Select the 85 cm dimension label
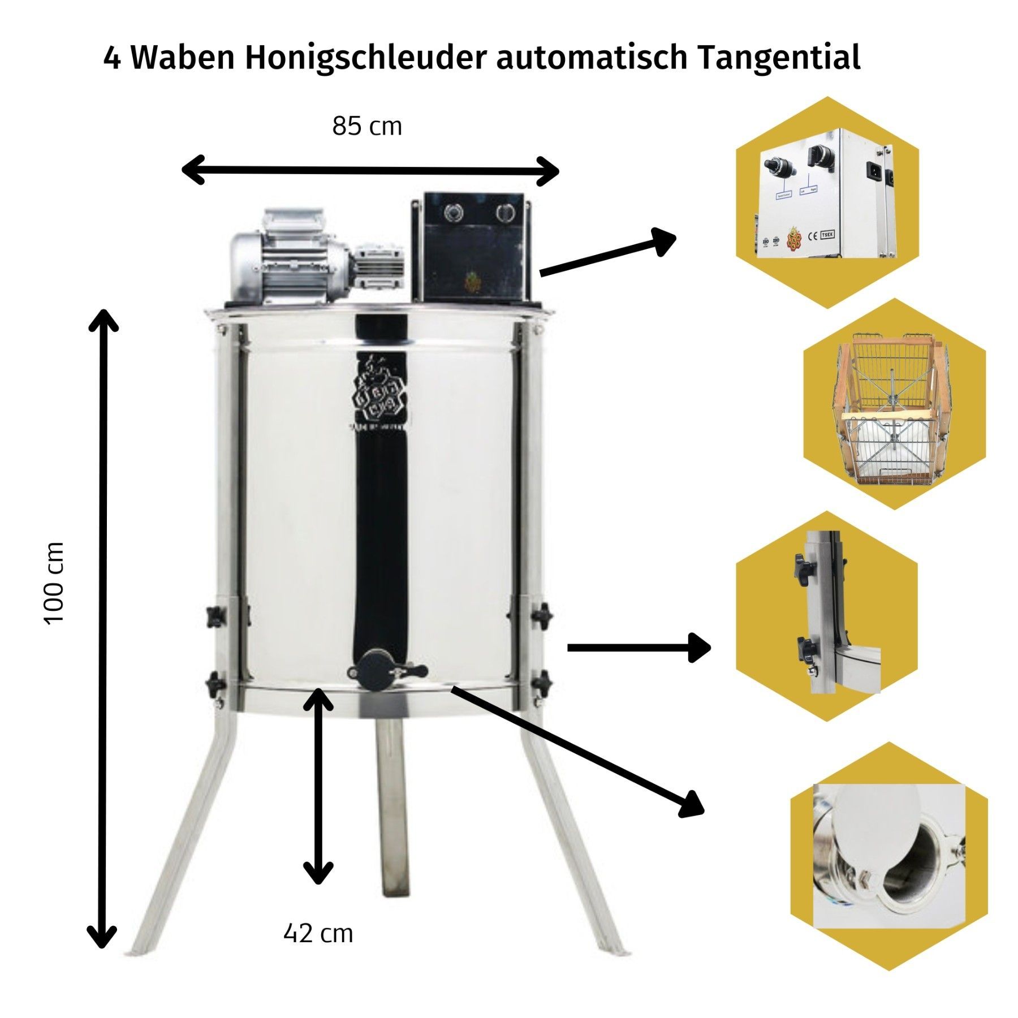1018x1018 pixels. point(367,126)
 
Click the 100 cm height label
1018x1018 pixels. point(54,583)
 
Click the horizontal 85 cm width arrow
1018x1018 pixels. point(370,170)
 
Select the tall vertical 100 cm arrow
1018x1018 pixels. point(103,628)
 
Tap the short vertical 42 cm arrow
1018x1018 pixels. point(318,786)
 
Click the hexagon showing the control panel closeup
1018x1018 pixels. point(827,202)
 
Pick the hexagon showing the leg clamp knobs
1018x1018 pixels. point(827,616)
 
